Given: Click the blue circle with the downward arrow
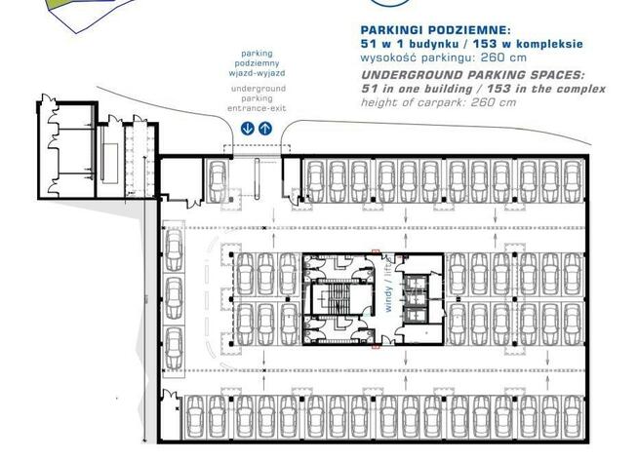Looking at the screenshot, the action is tap(248, 129).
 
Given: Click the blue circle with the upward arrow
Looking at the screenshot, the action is tap(265, 129).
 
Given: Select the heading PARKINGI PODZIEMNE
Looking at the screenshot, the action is tap(435, 30).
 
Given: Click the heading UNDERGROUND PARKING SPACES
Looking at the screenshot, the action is tap(473, 75).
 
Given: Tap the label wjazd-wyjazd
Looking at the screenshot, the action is tap(257, 74).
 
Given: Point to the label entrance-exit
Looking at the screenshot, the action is tap(257, 108).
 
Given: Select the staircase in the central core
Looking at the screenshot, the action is tap(337, 299).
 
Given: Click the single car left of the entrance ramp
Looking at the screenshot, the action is tap(218, 180).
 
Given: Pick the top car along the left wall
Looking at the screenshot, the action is tap(175, 250).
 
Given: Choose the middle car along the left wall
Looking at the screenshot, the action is tap(175, 298).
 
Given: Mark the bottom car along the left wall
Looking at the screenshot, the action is tap(175, 348).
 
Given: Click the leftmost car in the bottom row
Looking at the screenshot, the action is tap(194, 417).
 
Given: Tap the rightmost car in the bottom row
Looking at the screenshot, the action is tap(573, 417).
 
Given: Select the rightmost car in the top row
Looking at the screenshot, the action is tap(573, 181).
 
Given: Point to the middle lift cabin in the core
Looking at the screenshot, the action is tap(415, 298).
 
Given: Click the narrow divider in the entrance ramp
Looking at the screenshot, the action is tap(258, 178).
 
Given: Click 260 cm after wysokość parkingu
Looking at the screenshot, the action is tap(503, 57).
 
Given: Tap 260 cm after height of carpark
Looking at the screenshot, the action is tap(494, 102).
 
